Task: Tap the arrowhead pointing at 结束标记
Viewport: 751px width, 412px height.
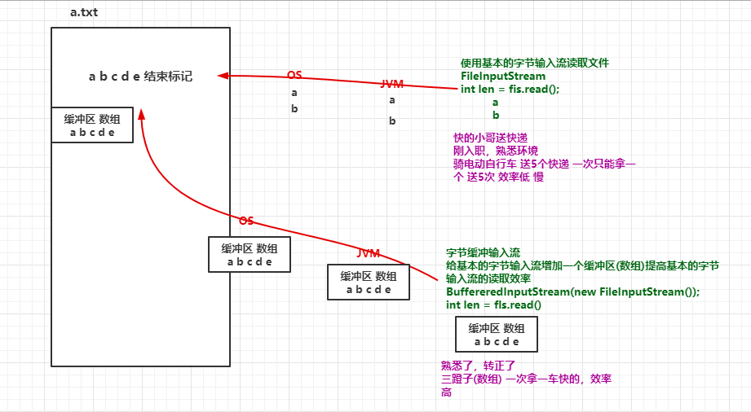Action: coord(222,76)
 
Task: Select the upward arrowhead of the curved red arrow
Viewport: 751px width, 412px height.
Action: coord(141,112)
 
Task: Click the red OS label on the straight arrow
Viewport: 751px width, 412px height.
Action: coord(294,75)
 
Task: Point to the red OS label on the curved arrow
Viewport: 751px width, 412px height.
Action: coord(246,221)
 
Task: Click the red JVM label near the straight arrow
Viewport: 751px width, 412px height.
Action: coord(391,84)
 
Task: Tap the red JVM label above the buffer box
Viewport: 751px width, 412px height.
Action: coord(369,253)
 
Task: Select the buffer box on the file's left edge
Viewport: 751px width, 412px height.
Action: coord(92,125)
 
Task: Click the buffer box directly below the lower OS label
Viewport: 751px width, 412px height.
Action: coord(249,255)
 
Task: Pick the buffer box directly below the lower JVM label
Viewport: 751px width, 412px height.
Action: coord(368,283)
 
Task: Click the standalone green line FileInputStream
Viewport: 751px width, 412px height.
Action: coord(503,76)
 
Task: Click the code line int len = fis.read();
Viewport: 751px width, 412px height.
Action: coord(510,89)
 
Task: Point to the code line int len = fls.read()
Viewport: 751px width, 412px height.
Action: coord(493,305)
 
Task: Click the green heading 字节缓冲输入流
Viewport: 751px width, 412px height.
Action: coord(483,252)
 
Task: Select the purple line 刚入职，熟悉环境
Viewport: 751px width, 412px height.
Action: coord(496,151)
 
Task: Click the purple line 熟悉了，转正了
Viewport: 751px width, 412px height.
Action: coord(478,366)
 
